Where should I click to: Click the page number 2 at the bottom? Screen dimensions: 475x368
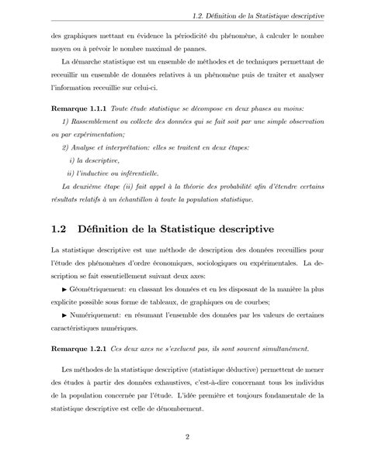click(188, 439)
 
